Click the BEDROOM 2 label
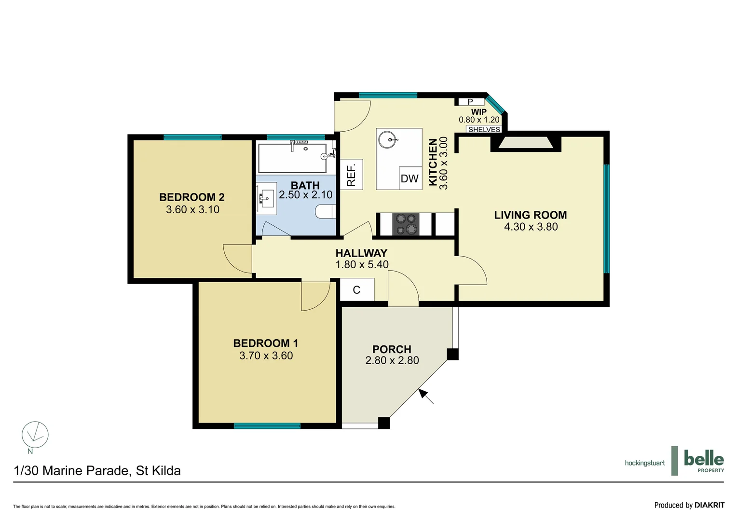191,197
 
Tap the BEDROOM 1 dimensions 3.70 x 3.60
266,356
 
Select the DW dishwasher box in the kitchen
409,178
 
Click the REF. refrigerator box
351,175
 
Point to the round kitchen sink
387,140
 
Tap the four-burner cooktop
406,224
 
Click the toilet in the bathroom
326,211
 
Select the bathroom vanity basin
266,198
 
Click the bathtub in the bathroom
292,158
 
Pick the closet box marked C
357,290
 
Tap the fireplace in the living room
526,143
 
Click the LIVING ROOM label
530,215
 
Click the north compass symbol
35,435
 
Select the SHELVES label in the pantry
484,129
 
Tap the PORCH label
392,349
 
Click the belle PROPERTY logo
703,461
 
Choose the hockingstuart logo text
644,463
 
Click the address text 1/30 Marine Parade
97,471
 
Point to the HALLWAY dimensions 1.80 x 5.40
362,264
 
